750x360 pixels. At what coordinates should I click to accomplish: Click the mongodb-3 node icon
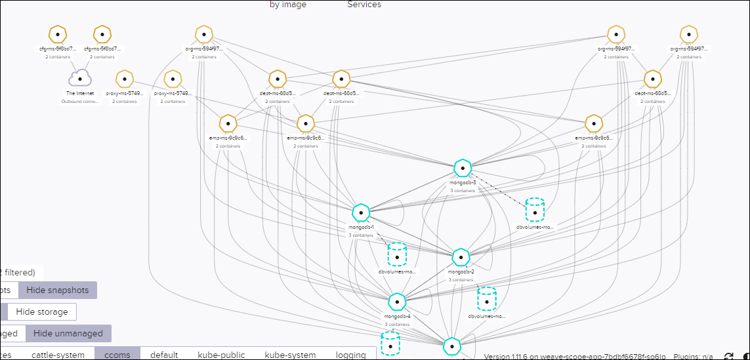coord(463,169)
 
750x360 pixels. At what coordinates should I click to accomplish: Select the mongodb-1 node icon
coord(361,212)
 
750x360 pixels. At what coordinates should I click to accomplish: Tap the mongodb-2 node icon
coord(461,258)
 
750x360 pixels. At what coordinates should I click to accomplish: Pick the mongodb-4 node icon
coord(397,302)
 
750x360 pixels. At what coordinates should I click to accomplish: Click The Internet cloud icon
coord(80,79)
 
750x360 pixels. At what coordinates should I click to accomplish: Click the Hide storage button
coord(42,311)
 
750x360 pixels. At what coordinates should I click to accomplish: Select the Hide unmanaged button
coord(68,333)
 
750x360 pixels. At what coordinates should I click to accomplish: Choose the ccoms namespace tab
coord(118,355)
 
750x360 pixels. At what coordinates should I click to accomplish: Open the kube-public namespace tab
coord(221,355)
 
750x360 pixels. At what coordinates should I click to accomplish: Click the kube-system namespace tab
coord(290,355)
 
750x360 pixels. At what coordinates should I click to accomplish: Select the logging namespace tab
coord(350,355)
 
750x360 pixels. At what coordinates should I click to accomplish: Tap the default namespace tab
coord(164,355)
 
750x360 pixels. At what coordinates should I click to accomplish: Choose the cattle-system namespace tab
coord(58,355)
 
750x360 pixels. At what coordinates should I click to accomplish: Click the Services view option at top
coord(364,5)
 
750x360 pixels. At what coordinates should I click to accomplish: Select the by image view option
coord(288,5)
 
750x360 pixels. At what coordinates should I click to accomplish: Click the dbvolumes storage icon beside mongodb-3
coord(535,211)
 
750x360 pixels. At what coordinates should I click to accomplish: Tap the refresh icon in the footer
coord(728,356)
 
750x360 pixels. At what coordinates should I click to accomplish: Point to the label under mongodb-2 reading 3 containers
coord(461,280)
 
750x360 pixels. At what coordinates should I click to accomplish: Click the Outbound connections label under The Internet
coord(80,102)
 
